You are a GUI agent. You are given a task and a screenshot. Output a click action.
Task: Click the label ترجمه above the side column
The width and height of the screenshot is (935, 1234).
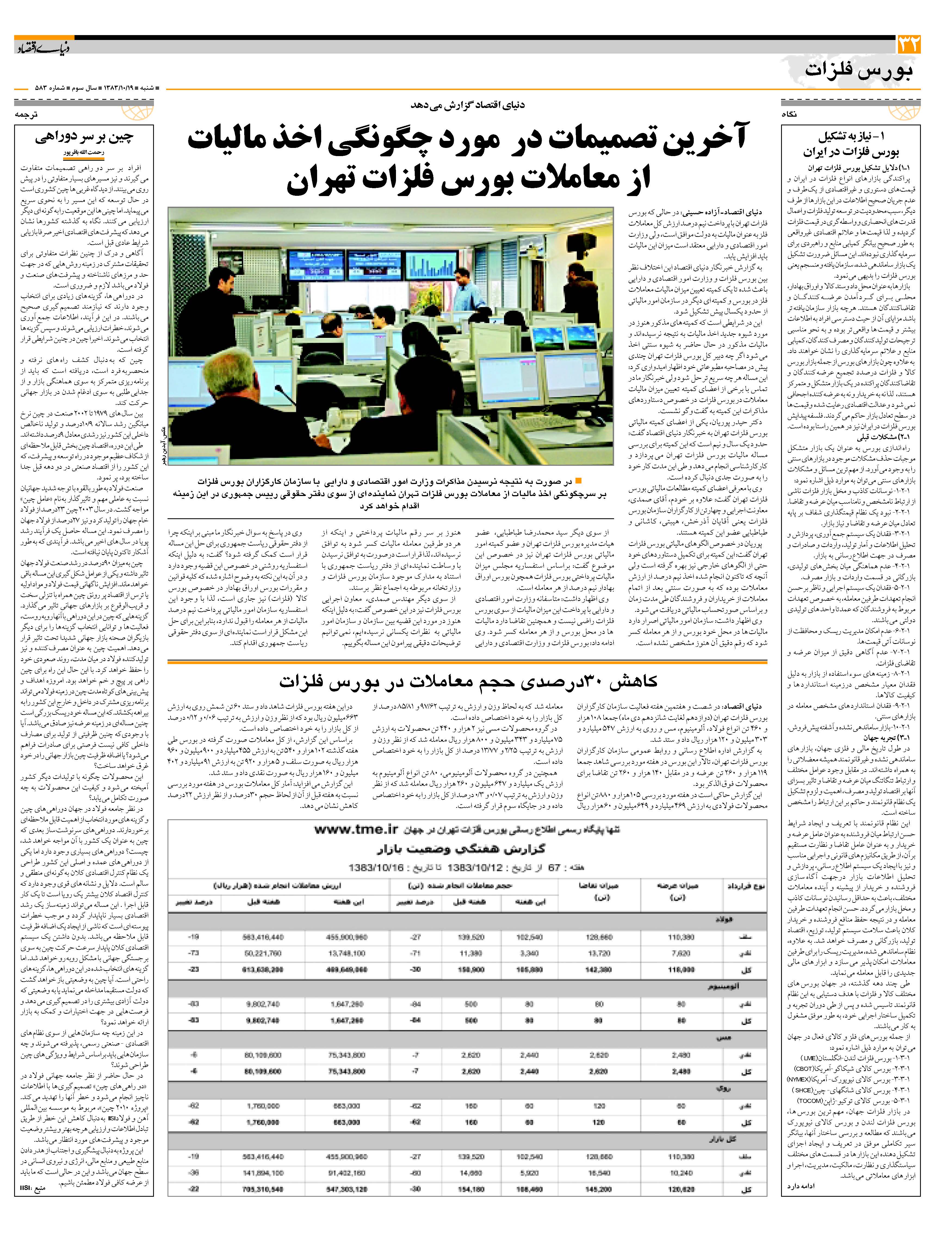point(26,114)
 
